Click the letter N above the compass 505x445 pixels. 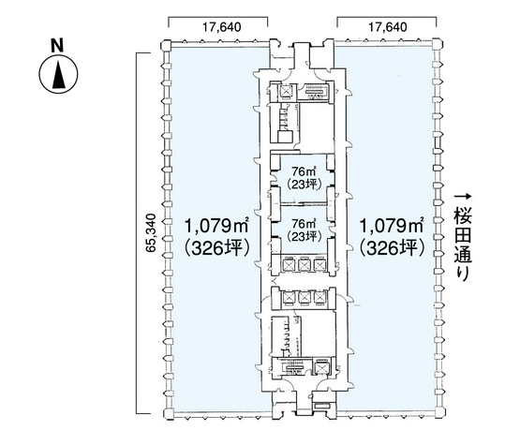click(57, 45)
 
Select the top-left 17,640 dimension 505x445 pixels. click(221, 27)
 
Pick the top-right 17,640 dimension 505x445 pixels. click(388, 27)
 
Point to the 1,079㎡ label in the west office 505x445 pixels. click(216, 226)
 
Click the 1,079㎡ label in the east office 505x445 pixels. click(391, 226)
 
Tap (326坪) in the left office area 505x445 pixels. click(216, 248)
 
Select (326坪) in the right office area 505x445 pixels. click(391, 248)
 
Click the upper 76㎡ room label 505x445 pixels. click(304, 170)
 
